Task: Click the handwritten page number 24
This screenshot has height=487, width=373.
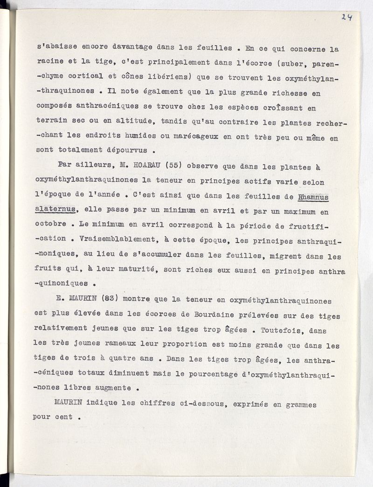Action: click(346, 17)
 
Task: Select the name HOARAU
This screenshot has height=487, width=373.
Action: click(141, 165)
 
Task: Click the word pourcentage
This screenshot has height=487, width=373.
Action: click(214, 375)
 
